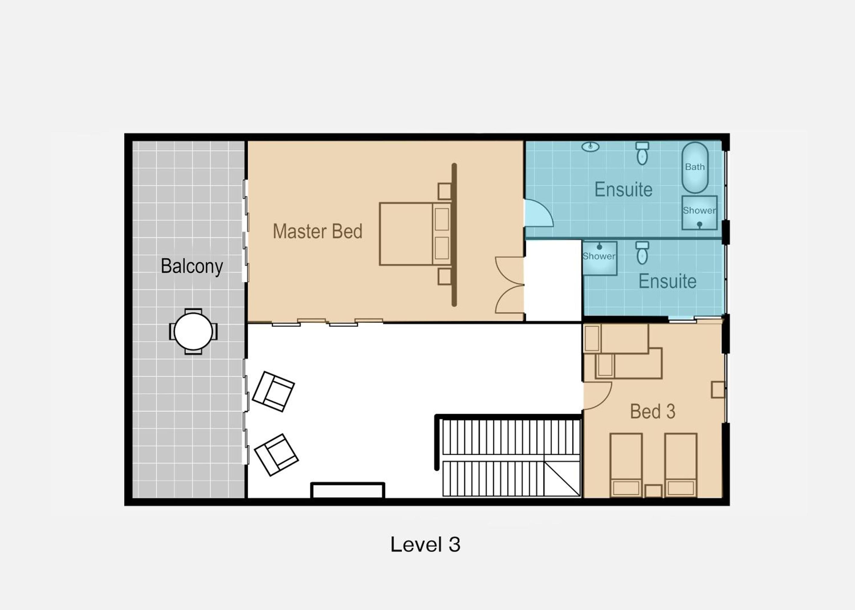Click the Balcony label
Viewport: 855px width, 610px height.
[192, 266]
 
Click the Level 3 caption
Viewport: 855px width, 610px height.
[425, 544]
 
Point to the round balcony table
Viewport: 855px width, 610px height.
[193, 331]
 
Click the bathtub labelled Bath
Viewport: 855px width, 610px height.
[695, 168]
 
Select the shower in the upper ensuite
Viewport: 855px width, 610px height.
[699, 213]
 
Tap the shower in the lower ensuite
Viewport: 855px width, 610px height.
[599, 258]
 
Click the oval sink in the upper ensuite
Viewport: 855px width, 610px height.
[590, 146]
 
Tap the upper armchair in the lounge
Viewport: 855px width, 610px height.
[274, 392]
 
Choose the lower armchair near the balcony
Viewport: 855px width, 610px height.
[276, 455]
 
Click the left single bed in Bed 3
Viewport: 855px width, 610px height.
[626, 465]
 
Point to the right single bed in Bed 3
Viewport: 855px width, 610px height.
[681, 465]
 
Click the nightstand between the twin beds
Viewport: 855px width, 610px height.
[654, 491]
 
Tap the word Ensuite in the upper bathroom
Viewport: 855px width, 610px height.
[623, 189]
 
